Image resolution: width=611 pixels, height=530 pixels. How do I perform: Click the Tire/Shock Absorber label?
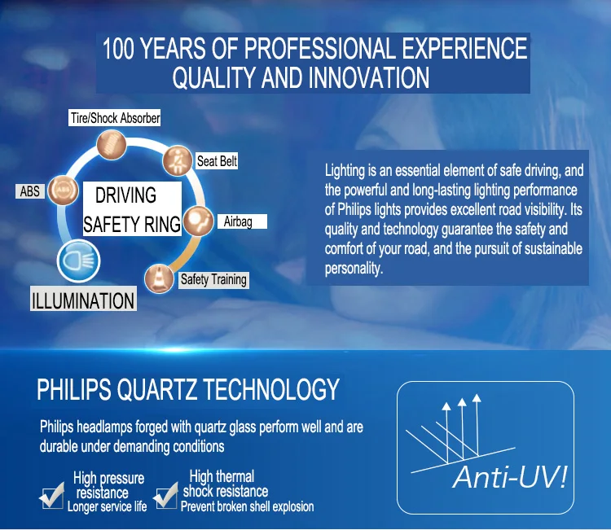[x=115, y=117]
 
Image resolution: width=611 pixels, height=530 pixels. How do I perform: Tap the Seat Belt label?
[x=217, y=161]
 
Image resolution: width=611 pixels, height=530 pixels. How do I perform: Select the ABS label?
[x=30, y=191]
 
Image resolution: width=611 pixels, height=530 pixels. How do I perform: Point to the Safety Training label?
[x=213, y=279]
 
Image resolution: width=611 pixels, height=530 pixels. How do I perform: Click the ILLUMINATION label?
[x=83, y=300]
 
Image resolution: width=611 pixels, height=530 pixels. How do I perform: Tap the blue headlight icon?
[x=78, y=261]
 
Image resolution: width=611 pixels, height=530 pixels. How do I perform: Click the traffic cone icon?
[x=159, y=278]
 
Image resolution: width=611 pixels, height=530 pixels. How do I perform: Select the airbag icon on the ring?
[x=198, y=221]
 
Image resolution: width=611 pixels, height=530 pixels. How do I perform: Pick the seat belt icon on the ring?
[x=178, y=160]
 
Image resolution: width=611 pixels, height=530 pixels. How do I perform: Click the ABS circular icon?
[x=63, y=190]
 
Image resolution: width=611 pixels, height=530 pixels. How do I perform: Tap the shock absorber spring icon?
[x=112, y=145]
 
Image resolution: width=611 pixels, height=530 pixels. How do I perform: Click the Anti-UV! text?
[x=510, y=476]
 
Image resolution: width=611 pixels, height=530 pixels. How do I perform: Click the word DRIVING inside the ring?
[x=125, y=195]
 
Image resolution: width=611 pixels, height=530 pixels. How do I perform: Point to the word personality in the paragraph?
[x=354, y=269]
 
